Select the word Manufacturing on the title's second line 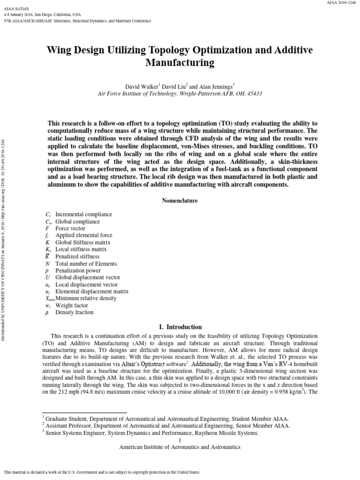[x=180, y=62]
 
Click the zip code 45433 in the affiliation [x=253, y=94]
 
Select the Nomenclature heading [x=180, y=201]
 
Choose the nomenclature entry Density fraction [x=75, y=313]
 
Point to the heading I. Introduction [x=180, y=327]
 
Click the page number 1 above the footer [x=180, y=441]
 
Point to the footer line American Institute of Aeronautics [x=180, y=448]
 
